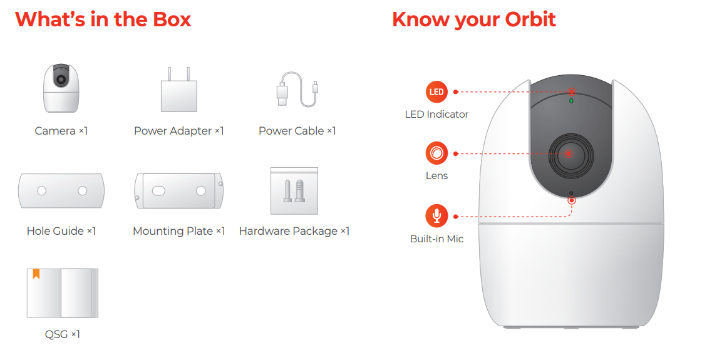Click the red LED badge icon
pyautogui.click(x=436, y=91)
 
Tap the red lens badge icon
pyautogui.click(x=436, y=153)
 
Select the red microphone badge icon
pyautogui.click(x=436, y=216)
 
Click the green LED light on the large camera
pyautogui.click(x=571, y=101)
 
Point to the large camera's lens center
pyautogui.click(x=569, y=154)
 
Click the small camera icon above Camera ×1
pyautogui.click(x=61, y=88)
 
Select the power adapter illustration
pyautogui.click(x=179, y=90)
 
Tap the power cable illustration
pyautogui.click(x=297, y=90)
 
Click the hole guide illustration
pyautogui.click(x=61, y=191)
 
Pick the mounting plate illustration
pyautogui.click(x=179, y=191)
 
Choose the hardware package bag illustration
pyautogui.click(x=294, y=191)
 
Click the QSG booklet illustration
pyautogui.click(x=63, y=293)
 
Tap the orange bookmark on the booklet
pyautogui.click(x=36, y=274)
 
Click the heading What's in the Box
pyautogui.click(x=103, y=19)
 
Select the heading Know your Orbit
pyautogui.click(x=474, y=19)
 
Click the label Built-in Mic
pyautogui.click(x=437, y=239)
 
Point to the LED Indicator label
pyautogui.click(x=436, y=115)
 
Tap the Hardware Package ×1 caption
pyautogui.click(x=294, y=231)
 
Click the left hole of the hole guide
pyautogui.click(x=41, y=191)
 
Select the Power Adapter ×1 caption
pyautogui.click(x=179, y=131)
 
